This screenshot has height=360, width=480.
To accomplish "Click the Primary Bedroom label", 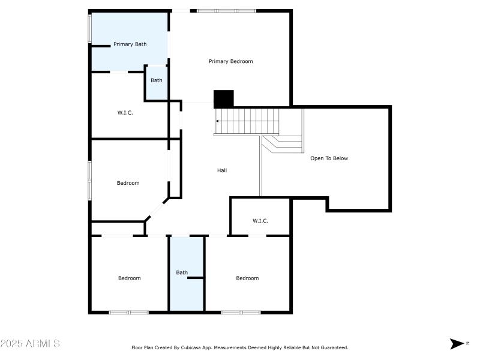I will click(x=230, y=61).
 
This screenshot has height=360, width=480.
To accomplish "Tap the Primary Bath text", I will click(x=130, y=44).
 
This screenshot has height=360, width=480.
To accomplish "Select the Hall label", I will click(x=222, y=170).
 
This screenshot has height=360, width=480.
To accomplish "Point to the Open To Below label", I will click(x=329, y=158).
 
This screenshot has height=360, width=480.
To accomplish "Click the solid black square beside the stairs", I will click(x=224, y=99).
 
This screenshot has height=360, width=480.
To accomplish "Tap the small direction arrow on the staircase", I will click(x=217, y=121).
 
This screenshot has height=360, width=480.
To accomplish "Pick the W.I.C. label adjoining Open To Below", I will click(x=260, y=221).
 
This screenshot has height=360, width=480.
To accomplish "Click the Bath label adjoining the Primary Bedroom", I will click(x=156, y=80).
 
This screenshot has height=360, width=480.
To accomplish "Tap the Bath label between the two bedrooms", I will click(x=182, y=272).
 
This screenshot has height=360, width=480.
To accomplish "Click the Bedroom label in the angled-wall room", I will click(x=128, y=183).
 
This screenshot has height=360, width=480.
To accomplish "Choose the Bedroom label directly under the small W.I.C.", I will click(x=247, y=278).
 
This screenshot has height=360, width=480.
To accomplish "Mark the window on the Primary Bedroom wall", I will click(x=226, y=11).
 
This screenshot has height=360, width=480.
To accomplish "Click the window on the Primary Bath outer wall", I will click(x=90, y=28).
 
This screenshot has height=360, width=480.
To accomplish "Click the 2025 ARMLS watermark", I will click(x=30, y=344).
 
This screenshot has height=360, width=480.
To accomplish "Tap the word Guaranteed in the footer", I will click(x=334, y=347).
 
